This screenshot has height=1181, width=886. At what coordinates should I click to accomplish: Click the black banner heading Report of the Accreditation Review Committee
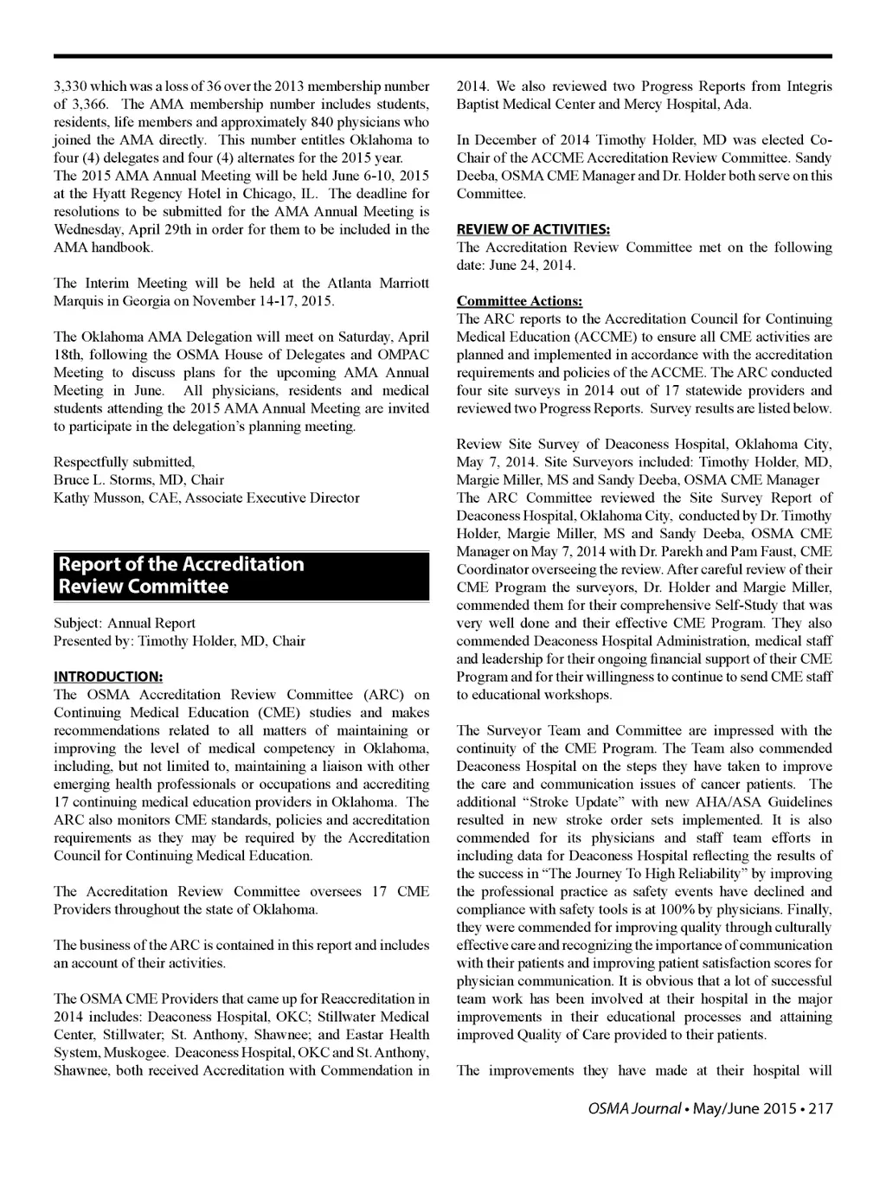(241, 575)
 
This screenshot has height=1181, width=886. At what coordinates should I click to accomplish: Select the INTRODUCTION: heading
(108, 677)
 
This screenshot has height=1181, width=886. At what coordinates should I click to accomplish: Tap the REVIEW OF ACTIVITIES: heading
(533, 229)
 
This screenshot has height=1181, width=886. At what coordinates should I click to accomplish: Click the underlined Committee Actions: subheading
(519, 301)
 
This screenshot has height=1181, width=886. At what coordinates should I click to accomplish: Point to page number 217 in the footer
(820, 1108)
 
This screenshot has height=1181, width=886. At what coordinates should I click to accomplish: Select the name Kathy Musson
(95, 497)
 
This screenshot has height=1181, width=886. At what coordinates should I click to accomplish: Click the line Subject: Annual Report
(125, 623)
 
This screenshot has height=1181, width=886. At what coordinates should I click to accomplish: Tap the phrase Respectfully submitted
(124, 462)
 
